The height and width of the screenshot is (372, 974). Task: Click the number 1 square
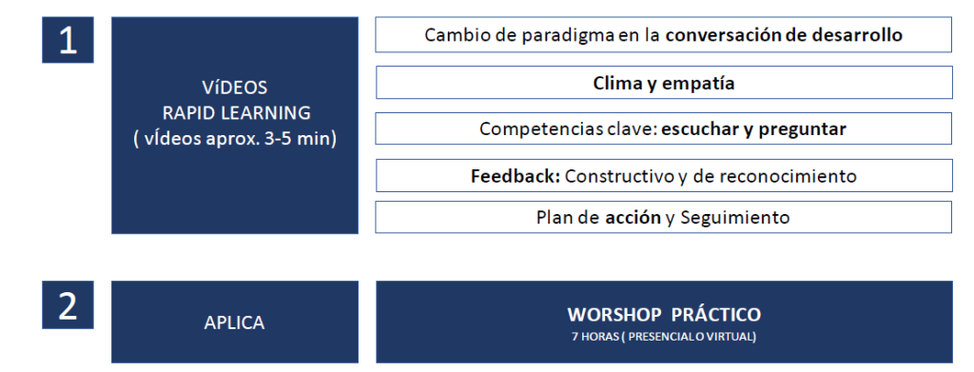pyautogui.click(x=68, y=40)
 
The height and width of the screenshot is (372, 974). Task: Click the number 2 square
pyautogui.click(x=68, y=304)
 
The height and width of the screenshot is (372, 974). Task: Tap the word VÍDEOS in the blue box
pyautogui.click(x=235, y=88)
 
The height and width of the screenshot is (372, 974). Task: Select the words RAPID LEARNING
pyautogui.click(x=236, y=113)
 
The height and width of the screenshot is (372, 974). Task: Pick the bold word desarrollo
pyautogui.click(x=857, y=35)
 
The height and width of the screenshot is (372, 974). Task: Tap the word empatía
pyautogui.click(x=698, y=84)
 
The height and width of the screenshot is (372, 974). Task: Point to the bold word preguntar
pyautogui.click(x=803, y=129)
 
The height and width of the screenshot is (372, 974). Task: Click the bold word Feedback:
pyautogui.click(x=516, y=176)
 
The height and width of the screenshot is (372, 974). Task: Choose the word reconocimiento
pyautogui.click(x=788, y=176)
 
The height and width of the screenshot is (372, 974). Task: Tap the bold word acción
pyautogui.click(x=633, y=217)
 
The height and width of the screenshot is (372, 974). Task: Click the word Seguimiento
pyautogui.click(x=735, y=218)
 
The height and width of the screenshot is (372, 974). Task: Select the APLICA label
pyautogui.click(x=234, y=323)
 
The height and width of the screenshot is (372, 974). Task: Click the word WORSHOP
pyautogui.click(x=614, y=314)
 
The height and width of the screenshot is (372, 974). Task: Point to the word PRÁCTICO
pyautogui.click(x=716, y=314)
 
